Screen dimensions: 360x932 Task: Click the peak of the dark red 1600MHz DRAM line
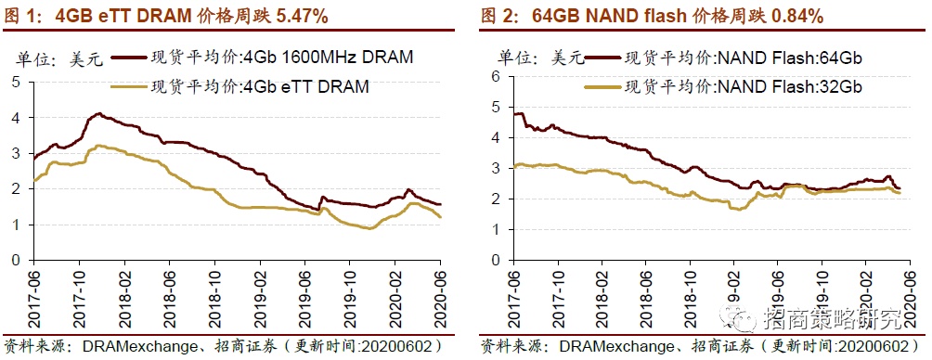click(97, 114)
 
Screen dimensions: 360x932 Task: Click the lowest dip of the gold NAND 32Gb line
click(736, 210)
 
